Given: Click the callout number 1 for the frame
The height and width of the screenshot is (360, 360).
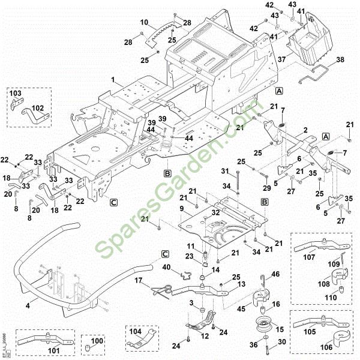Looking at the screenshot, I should (112, 79).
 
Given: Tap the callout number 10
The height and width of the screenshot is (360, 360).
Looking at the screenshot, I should (143, 23).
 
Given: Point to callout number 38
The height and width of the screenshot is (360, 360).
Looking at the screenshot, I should (340, 59).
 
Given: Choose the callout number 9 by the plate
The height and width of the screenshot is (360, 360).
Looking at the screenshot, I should (181, 208).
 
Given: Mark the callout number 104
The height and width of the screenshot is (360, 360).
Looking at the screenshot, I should (136, 331).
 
